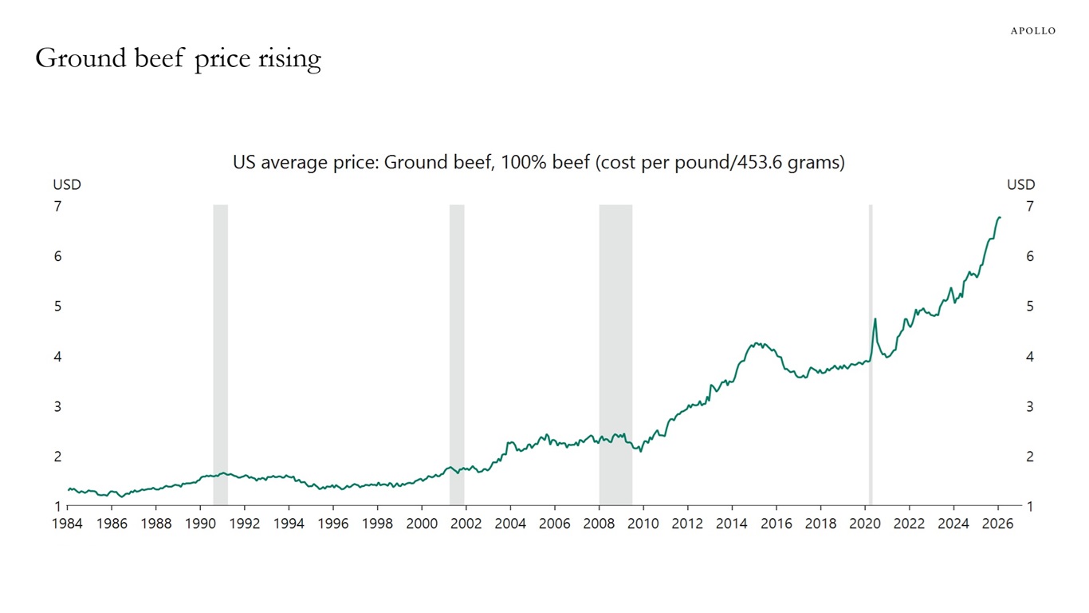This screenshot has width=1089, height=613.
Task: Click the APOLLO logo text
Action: point(1032,30)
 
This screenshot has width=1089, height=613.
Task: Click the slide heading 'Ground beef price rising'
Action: point(178,58)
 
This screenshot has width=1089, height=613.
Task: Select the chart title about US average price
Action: point(538,163)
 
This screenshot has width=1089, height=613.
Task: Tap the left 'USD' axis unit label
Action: point(67,185)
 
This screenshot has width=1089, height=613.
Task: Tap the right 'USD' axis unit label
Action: point(1020,185)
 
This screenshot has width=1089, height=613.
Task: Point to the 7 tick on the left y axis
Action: point(57,207)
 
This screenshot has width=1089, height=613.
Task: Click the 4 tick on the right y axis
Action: point(1030,357)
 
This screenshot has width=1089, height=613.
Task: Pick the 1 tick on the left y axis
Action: point(57,507)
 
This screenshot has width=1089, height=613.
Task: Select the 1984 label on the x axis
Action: point(67,524)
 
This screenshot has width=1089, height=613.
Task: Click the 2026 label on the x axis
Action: point(997,524)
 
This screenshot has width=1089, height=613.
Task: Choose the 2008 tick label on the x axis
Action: point(599,524)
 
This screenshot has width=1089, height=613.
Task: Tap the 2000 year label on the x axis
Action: point(422,524)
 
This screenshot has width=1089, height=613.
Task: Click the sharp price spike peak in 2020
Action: point(875,319)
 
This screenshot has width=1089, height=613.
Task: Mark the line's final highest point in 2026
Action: point(1000,217)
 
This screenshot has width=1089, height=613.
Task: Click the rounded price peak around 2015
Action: point(756,344)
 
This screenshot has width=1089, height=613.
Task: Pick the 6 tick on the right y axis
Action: point(1030,257)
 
